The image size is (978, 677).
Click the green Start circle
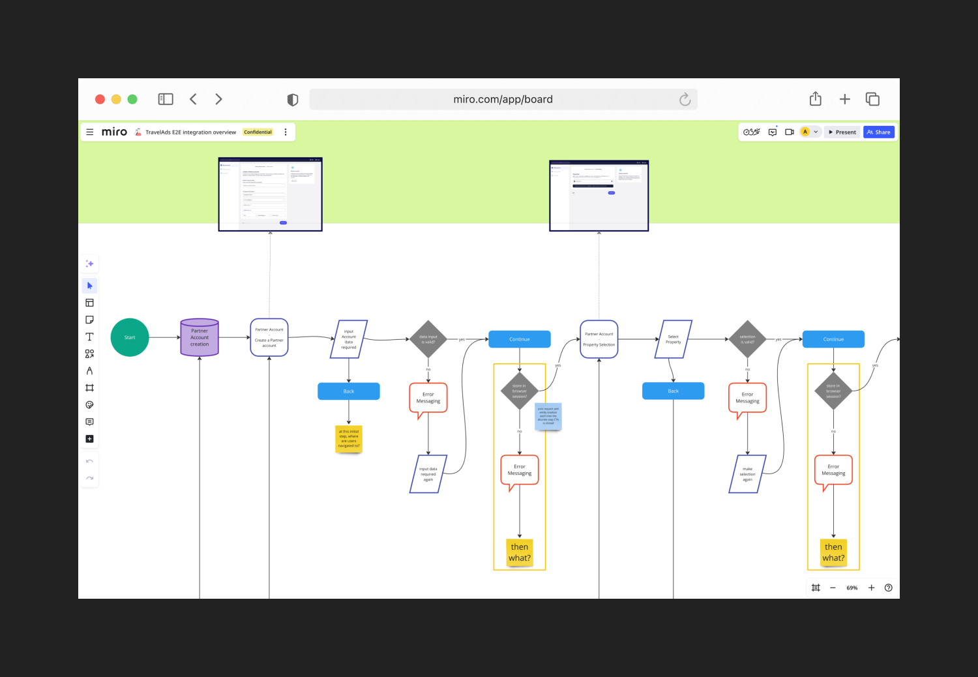130,337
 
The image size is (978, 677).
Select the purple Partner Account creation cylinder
200,338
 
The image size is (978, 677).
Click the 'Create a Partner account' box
269,338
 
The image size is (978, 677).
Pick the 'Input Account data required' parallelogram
349,339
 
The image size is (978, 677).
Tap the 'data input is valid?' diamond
428,339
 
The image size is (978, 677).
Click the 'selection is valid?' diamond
747,339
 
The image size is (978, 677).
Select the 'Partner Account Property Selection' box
599,339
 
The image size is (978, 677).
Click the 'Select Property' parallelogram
673,339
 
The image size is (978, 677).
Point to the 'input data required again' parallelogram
428,474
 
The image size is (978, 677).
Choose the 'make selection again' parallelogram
747,474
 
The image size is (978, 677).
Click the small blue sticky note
548,416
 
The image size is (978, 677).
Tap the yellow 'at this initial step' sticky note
349,439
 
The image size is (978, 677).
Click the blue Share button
879,132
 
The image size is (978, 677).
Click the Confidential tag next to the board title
258,132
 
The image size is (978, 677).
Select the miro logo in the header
114,132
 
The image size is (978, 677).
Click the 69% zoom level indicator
852,588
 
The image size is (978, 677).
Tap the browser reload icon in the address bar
685,99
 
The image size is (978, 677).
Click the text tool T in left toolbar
89,337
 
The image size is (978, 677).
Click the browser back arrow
194,99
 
